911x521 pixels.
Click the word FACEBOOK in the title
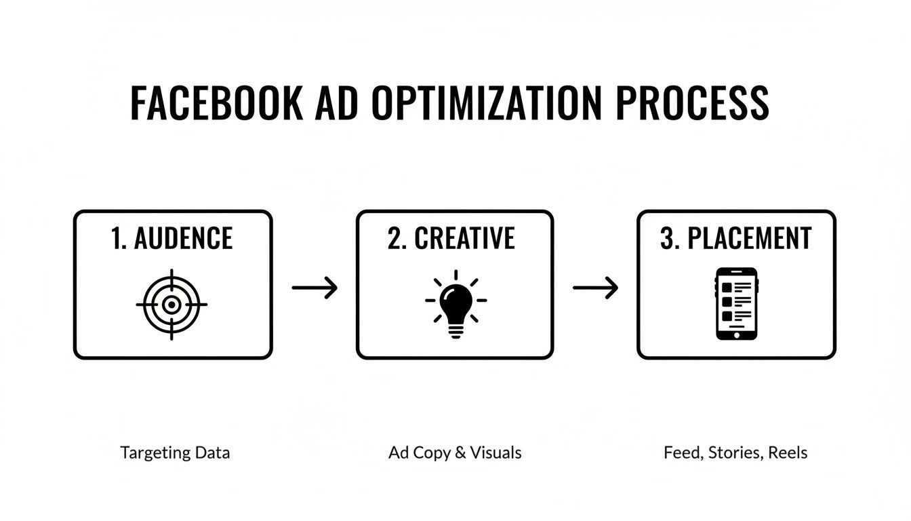[216, 104]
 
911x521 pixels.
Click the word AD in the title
[340, 104]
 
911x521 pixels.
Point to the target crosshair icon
[171, 305]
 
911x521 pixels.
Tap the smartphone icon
[737, 303]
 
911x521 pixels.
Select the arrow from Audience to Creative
[315, 288]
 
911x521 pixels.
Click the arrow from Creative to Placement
[595, 288]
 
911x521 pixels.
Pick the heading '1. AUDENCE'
[171, 239]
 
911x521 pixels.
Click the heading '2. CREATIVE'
[451, 239]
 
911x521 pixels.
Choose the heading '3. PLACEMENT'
[736, 239]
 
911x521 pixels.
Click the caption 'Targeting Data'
[175, 452]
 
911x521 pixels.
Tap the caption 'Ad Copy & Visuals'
[455, 452]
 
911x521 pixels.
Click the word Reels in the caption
[788, 452]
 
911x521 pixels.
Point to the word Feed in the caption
[682, 452]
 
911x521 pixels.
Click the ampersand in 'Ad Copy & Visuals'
[460, 452]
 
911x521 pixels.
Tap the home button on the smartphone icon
[737, 333]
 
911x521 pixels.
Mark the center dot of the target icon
[171, 305]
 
